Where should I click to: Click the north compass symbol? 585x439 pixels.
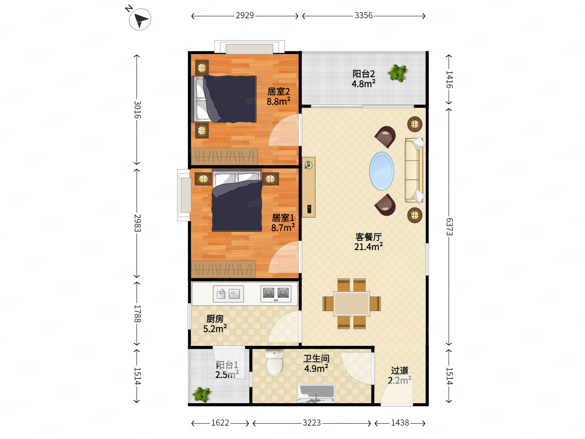(x=140, y=19)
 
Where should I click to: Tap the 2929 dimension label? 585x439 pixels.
(x=245, y=15)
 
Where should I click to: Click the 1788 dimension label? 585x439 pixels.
(x=137, y=313)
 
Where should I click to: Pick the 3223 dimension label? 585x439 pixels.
(x=311, y=423)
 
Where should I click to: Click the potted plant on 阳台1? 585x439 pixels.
(x=202, y=394)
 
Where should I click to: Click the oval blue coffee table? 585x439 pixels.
(x=382, y=171)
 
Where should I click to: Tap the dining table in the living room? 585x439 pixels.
(x=352, y=303)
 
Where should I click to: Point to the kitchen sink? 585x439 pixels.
(x=228, y=294)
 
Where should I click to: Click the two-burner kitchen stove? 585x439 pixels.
(x=276, y=294)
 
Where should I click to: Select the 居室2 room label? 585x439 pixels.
(x=278, y=91)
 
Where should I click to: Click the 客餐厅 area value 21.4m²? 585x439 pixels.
(x=368, y=247)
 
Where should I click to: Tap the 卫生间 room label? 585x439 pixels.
(x=316, y=359)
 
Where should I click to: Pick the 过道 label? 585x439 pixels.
(x=399, y=370)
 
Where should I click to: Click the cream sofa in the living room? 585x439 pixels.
(x=414, y=170)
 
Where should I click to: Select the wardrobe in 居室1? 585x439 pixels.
(x=223, y=269)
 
